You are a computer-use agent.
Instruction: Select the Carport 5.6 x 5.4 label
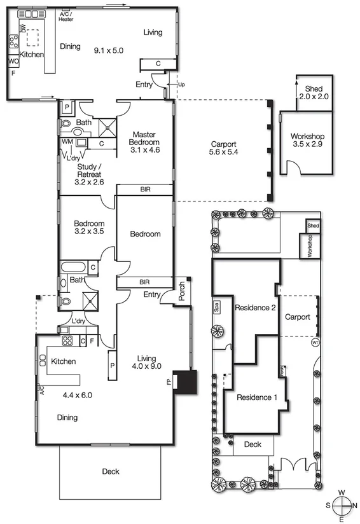pos(223,148)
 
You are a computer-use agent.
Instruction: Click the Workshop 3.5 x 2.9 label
pos(308,141)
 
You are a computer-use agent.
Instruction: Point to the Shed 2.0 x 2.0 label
pos(314,93)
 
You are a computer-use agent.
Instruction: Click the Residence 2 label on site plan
pos(254,308)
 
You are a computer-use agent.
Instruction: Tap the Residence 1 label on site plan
pos(257,397)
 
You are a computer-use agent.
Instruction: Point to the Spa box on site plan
pos(218,307)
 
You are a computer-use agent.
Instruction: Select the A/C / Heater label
pos(67,16)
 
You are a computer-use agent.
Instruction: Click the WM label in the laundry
pos(67,141)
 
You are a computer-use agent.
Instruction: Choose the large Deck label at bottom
pos(110,471)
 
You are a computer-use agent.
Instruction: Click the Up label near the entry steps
pos(181,84)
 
